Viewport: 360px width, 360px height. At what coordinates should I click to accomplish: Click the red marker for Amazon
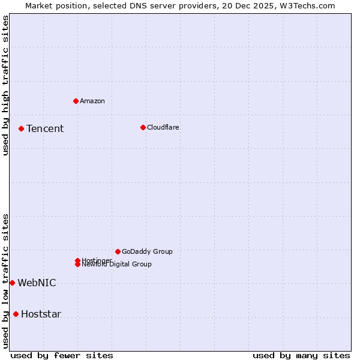[x=76, y=101]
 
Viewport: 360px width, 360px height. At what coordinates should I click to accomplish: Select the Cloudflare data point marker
[x=143, y=127]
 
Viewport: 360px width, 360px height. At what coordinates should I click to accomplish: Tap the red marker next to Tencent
[x=21, y=128]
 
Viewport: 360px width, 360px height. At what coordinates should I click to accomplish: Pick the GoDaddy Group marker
[x=118, y=251]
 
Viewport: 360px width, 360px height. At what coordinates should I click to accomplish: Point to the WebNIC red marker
[x=12, y=283]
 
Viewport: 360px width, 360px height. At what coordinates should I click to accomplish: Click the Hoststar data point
[x=16, y=314]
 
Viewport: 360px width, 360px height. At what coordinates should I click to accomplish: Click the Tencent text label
[x=45, y=128]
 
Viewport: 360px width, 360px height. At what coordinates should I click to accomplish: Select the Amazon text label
[x=92, y=101]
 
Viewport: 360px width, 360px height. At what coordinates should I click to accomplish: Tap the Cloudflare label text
[x=163, y=127]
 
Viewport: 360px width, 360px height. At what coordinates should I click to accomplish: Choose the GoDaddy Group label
[x=147, y=251]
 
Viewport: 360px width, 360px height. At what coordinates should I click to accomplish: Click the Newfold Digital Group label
[x=117, y=265]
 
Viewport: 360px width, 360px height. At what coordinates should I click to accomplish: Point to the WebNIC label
[x=37, y=283]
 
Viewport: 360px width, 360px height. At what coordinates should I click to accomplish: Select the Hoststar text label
[x=41, y=314]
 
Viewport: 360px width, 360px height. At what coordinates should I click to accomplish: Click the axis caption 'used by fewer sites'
[x=62, y=355]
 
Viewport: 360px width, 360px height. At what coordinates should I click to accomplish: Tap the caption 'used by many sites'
[x=301, y=355]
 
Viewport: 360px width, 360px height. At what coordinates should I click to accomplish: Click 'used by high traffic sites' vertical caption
[x=5, y=85]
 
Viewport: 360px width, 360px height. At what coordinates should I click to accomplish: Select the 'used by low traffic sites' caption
[x=5, y=280]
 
